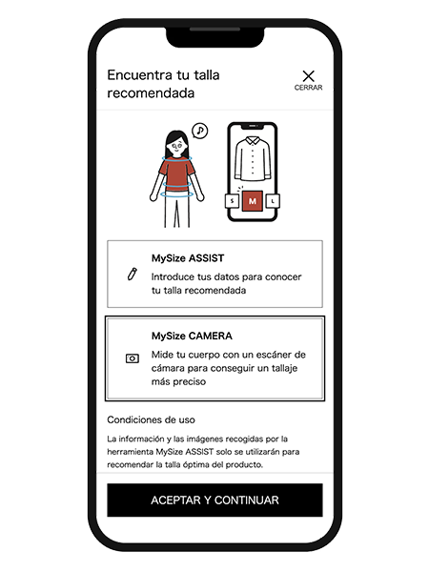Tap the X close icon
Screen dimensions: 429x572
(308, 76)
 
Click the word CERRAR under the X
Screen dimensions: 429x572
(308, 88)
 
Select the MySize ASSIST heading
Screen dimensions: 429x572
(188, 258)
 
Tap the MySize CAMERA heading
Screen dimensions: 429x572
(192, 336)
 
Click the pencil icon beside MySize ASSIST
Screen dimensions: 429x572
(133, 274)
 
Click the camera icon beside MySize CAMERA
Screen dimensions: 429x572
(133, 358)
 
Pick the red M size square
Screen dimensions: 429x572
(253, 201)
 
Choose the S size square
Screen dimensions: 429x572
(232, 200)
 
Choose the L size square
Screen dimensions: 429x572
(273, 200)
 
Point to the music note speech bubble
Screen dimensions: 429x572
(199, 131)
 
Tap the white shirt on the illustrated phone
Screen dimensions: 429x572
(253, 158)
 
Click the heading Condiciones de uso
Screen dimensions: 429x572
(151, 419)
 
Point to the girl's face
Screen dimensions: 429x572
(177, 147)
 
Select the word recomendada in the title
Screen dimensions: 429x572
(151, 93)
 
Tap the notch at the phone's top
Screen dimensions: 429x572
(214, 37)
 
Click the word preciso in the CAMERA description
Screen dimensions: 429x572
(178, 382)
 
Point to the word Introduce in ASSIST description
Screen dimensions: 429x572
(173, 276)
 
